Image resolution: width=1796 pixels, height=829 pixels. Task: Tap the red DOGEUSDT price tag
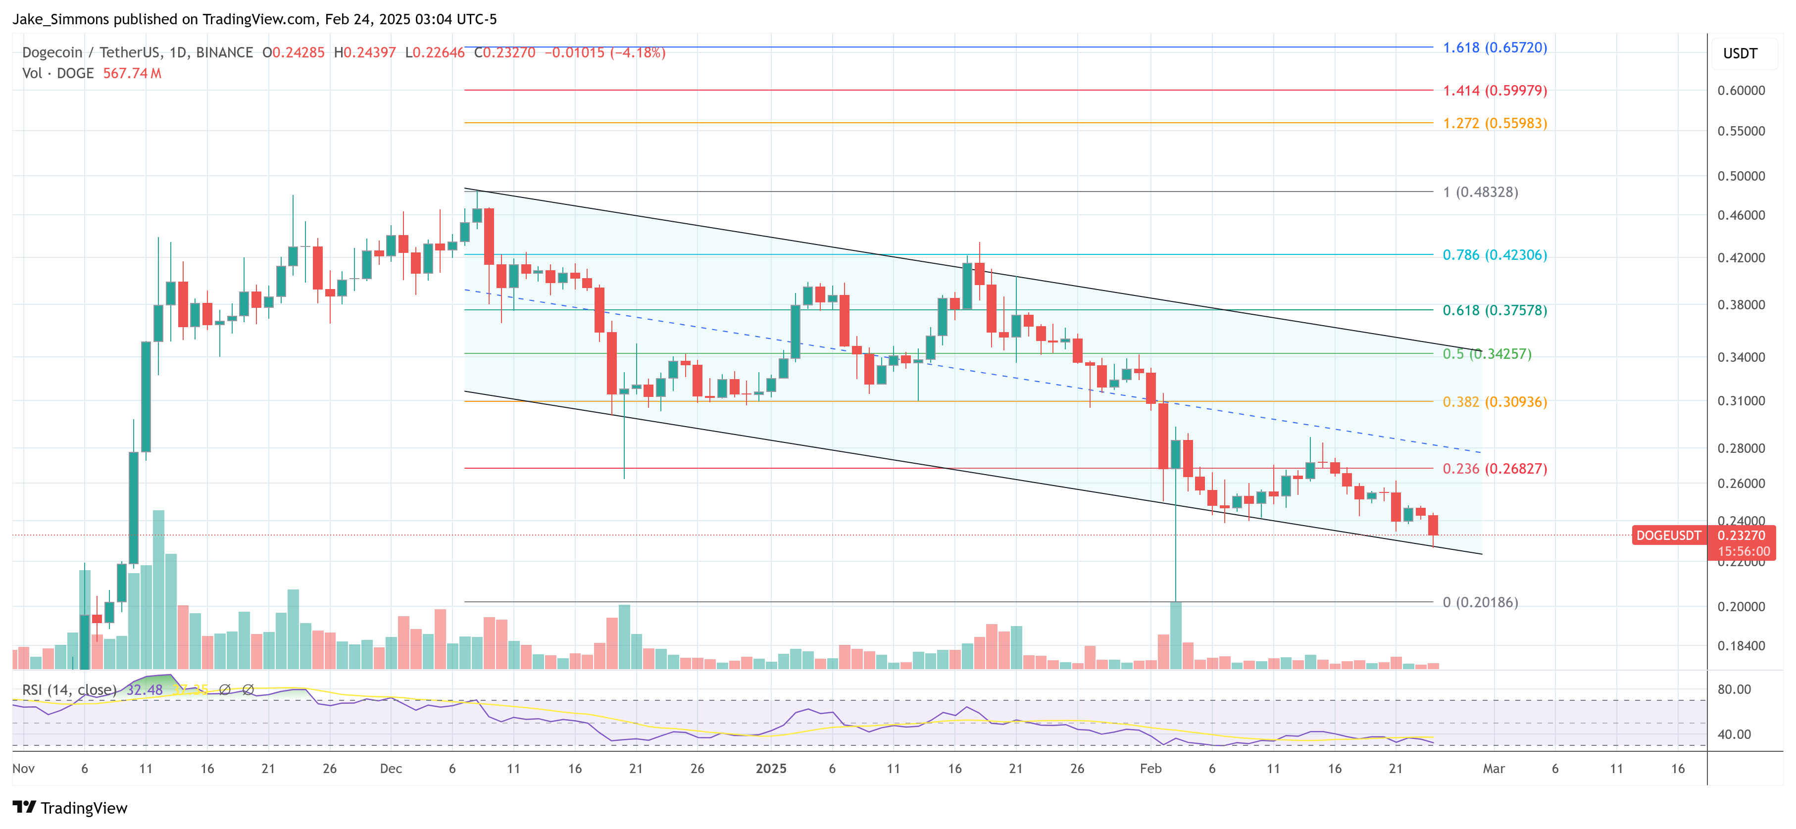click(x=1668, y=536)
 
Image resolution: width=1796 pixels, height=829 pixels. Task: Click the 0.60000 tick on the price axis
click(x=1741, y=91)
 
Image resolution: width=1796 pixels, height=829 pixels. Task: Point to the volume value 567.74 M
click(x=132, y=73)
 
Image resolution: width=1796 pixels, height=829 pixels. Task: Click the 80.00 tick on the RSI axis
click(x=1734, y=689)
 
